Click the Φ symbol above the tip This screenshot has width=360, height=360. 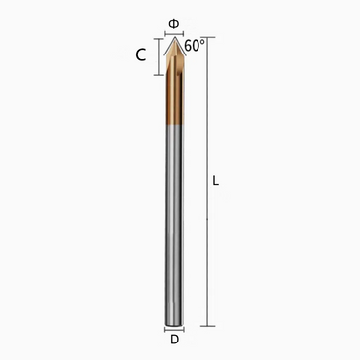point(173,21)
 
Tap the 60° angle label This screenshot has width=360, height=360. point(195,46)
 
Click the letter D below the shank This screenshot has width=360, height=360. point(173,341)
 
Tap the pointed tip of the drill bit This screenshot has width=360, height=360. point(173,39)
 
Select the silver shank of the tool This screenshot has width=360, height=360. point(173,224)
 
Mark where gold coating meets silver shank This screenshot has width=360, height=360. point(173,125)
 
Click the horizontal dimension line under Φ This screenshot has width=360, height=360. point(173,31)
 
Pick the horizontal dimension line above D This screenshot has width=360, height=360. point(173,330)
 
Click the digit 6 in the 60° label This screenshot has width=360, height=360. point(189,46)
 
